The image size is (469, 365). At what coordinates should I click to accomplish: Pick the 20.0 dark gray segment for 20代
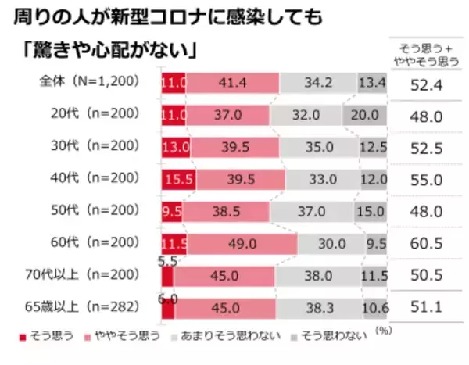click(x=364, y=115)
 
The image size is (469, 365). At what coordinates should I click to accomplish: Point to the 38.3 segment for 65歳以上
click(x=319, y=309)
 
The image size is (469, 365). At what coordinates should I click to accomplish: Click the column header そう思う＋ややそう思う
click(x=427, y=52)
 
